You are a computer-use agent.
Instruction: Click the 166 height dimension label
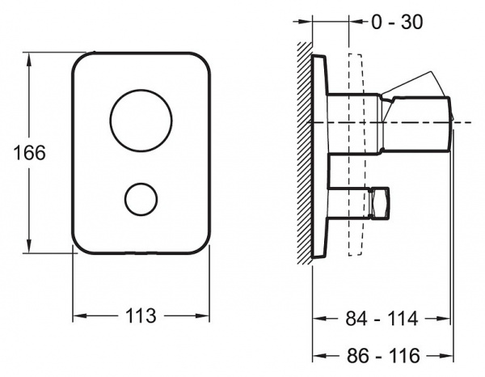pyautogui.click(x=30, y=153)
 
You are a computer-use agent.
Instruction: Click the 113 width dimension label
pyautogui.click(x=141, y=316)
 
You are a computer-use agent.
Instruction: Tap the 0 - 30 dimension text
pyautogui.click(x=397, y=23)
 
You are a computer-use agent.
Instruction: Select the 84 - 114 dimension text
pyautogui.click(x=382, y=319)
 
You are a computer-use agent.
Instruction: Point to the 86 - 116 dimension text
pyautogui.click(x=383, y=356)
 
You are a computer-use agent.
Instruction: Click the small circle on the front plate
pyautogui.click(x=141, y=199)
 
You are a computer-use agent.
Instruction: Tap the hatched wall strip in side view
pyautogui.click(x=305, y=153)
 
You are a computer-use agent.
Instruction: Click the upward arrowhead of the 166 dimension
pyautogui.click(x=29, y=59)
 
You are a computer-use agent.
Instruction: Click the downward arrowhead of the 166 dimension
pyautogui.click(x=29, y=246)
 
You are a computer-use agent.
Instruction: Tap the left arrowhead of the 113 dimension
pyautogui.click(x=79, y=316)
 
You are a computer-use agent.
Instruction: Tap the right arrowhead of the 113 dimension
pyautogui.click(x=203, y=316)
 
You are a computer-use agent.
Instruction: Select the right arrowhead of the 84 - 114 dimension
pyautogui.click(x=443, y=318)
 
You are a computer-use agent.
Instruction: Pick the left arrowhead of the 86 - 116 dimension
pyautogui.click(x=319, y=355)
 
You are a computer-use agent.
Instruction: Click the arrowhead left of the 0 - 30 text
pyautogui.click(x=356, y=22)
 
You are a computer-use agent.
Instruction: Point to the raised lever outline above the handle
pyautogui.click(x=415, y=83)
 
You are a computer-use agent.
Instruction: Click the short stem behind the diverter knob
pyautogui.click(x=349, y=203)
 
